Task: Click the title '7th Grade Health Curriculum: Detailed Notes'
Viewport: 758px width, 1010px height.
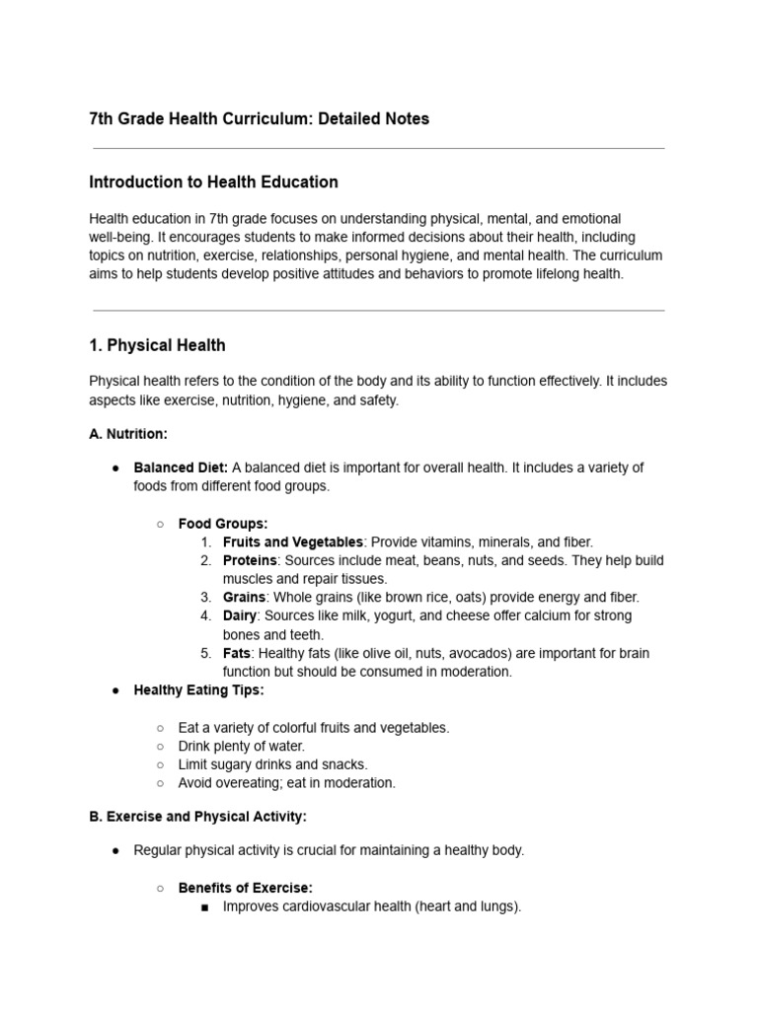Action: (259, 119)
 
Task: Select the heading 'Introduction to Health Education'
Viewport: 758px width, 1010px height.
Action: (213, 182)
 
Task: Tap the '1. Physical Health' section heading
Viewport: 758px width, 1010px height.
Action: (157, 345)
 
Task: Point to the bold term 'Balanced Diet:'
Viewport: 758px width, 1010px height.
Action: (181, 468)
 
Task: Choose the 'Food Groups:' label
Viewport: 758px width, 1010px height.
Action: (222, 524)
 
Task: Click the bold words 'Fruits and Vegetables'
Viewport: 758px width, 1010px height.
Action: (293, 542)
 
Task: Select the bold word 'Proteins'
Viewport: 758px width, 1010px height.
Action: (250, 560)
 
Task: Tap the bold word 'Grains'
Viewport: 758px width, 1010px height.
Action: (244, 598)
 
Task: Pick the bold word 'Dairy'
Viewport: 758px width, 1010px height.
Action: (241, 615)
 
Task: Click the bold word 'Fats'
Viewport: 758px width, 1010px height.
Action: (237, 653)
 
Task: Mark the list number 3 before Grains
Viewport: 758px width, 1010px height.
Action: (205, 598)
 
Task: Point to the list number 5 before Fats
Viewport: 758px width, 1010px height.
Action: (205, 653)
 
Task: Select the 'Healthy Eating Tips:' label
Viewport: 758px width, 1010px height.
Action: (198, 690)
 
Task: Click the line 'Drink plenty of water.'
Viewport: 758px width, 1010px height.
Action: (241, 746)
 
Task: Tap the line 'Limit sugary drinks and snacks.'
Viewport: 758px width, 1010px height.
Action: (272, 764)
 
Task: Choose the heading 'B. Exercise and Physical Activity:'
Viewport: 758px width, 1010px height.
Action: (197, 817)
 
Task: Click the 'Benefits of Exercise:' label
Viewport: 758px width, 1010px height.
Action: (245, 888)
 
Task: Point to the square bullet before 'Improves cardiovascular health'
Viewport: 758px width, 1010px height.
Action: (204, 906)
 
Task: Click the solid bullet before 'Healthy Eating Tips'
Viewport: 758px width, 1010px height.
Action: (115, 690)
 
